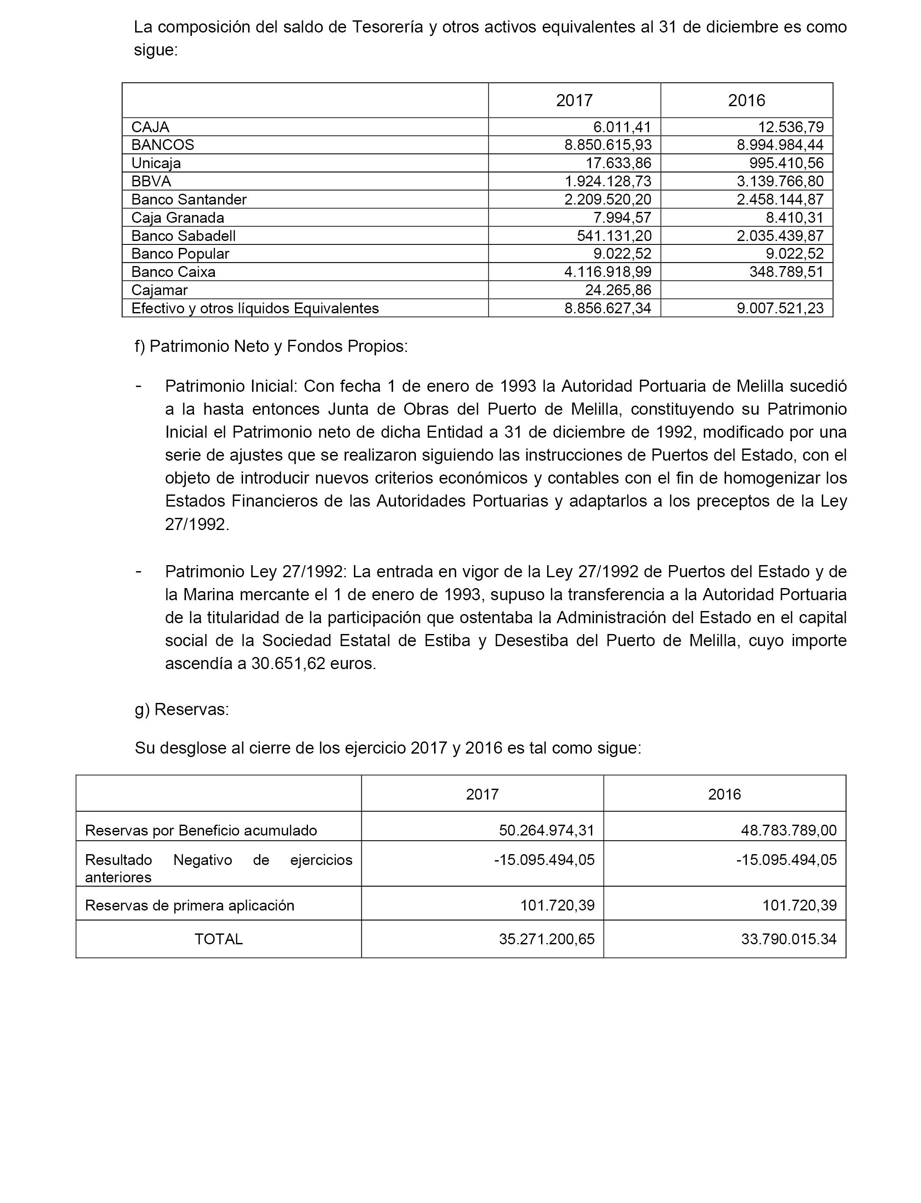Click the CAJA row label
150,127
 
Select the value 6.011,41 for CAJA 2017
622,127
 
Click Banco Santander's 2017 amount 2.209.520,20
607,200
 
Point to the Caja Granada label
178,218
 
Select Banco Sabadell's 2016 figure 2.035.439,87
780,236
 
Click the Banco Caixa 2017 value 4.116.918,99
607,272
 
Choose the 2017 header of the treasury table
574,101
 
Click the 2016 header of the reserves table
724,794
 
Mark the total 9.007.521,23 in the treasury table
780,308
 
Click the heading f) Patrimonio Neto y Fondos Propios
271,347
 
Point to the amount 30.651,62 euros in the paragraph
314,664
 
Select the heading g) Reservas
182,709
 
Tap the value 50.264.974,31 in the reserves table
547,830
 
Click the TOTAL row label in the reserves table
218,939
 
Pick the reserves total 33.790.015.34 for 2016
789,939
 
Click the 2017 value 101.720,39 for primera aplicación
557,905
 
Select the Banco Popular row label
180,254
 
